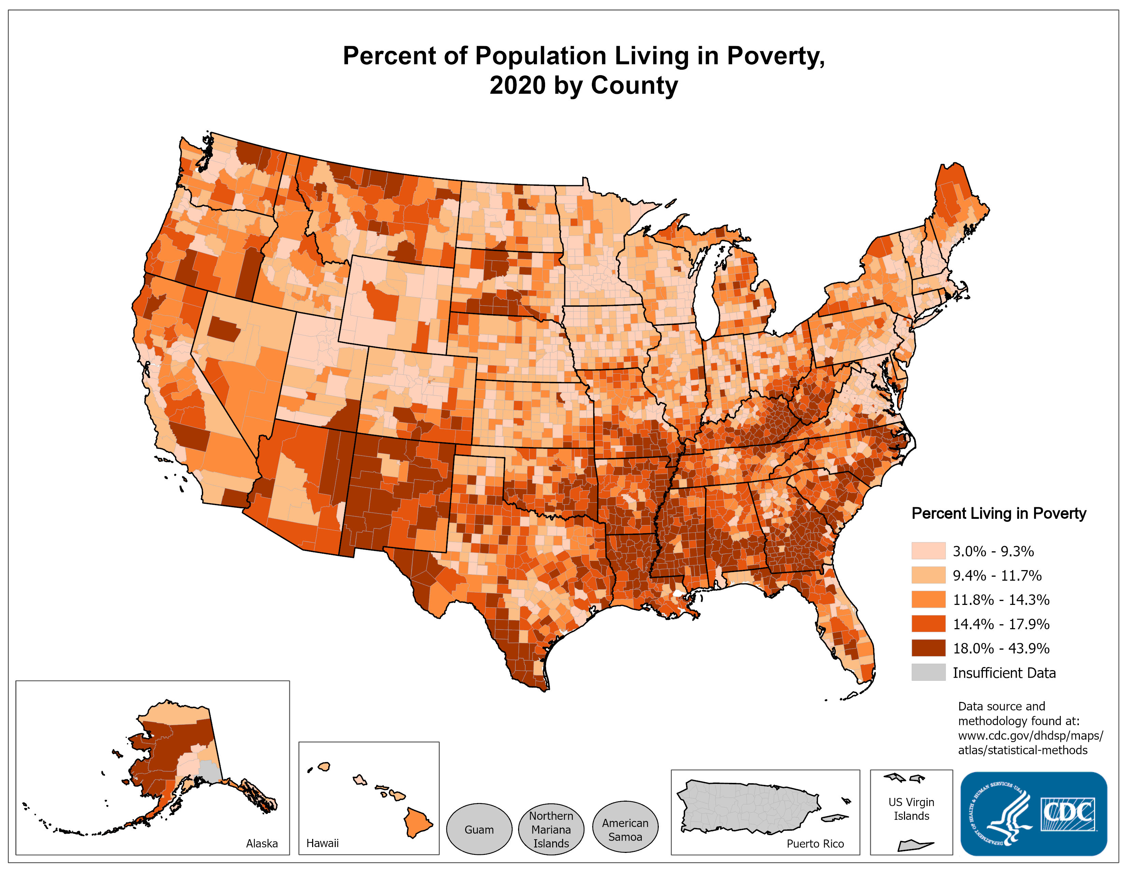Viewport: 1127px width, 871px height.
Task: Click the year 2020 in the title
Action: (x=517, y=85)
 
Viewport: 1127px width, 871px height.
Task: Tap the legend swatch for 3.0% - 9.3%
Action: (x=928, y=551)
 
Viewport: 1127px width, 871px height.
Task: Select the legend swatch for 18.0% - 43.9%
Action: (x=928, y=648)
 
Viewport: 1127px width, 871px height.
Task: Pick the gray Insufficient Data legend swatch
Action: (x=928, y=672)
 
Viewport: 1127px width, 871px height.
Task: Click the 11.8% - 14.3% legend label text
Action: (x=1001, y=599)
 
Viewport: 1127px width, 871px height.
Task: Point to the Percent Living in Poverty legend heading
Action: (x=999, y=513)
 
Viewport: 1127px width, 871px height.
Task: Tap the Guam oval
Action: (x=478, y=830)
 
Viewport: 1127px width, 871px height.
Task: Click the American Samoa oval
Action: (x=625, y=830)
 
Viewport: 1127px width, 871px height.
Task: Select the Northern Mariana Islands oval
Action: (x=551, y=830)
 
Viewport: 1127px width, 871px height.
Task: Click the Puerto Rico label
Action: (x=815, y=844)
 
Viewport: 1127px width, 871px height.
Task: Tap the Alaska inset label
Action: (x=262, y=843)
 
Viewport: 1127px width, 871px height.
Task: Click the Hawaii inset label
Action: (x=322, y=843)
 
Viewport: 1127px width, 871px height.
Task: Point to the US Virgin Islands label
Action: (x=911, y=809)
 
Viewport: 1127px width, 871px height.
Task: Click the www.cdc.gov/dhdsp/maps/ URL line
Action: (x=1030, y=735)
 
